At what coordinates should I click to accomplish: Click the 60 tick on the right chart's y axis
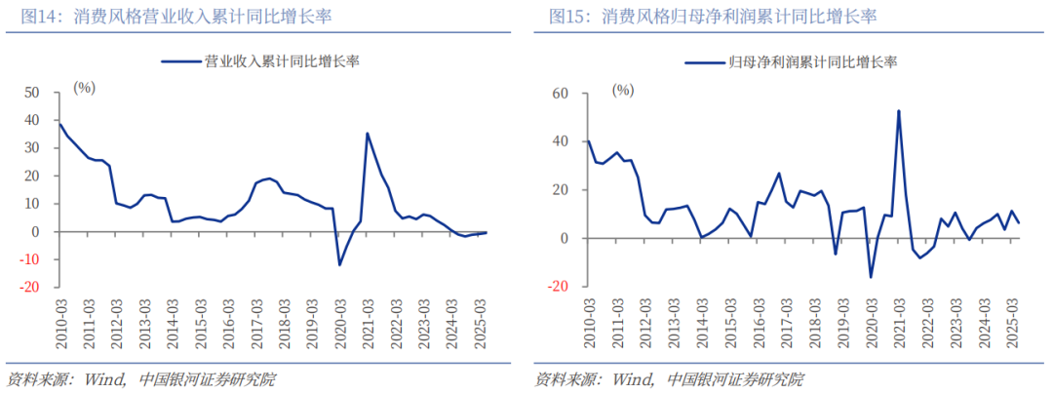point(559,94)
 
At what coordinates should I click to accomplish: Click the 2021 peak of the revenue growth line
point(368,134)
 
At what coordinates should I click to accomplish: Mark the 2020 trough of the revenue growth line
point(339,264)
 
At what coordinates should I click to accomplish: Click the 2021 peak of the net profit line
point(897,110)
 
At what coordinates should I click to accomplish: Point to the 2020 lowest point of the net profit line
point(871,277)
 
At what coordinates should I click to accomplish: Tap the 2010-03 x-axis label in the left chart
point(60,318)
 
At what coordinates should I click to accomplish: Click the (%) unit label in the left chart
point(85,88)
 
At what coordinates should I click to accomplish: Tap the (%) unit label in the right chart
point(622,90)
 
